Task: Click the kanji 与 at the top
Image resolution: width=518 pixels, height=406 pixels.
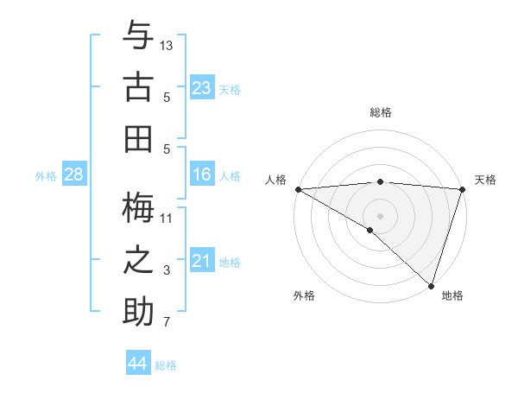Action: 138,37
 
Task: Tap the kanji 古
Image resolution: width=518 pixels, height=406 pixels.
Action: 138,87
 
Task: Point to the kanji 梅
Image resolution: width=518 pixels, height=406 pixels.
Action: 138,207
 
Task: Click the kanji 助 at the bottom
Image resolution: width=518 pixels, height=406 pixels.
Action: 138,311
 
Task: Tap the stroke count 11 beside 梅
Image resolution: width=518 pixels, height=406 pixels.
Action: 167,217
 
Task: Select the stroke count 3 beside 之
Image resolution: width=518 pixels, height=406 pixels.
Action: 167,270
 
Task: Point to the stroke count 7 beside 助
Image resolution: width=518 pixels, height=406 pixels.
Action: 167,323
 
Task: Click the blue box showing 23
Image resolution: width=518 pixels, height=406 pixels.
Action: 201,88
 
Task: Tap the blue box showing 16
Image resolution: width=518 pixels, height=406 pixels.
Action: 201,174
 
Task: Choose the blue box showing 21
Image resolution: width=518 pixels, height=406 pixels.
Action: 201,261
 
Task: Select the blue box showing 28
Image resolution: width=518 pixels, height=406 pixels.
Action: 74,174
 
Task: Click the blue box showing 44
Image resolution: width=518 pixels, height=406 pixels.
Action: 138,364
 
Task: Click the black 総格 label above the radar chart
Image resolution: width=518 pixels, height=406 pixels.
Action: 381,112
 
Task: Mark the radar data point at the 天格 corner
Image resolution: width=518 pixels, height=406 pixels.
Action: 462,189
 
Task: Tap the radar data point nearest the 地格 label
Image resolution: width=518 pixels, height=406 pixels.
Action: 430,285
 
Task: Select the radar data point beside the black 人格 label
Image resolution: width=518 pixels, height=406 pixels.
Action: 298,189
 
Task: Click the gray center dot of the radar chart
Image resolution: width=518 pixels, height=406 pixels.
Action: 380,214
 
